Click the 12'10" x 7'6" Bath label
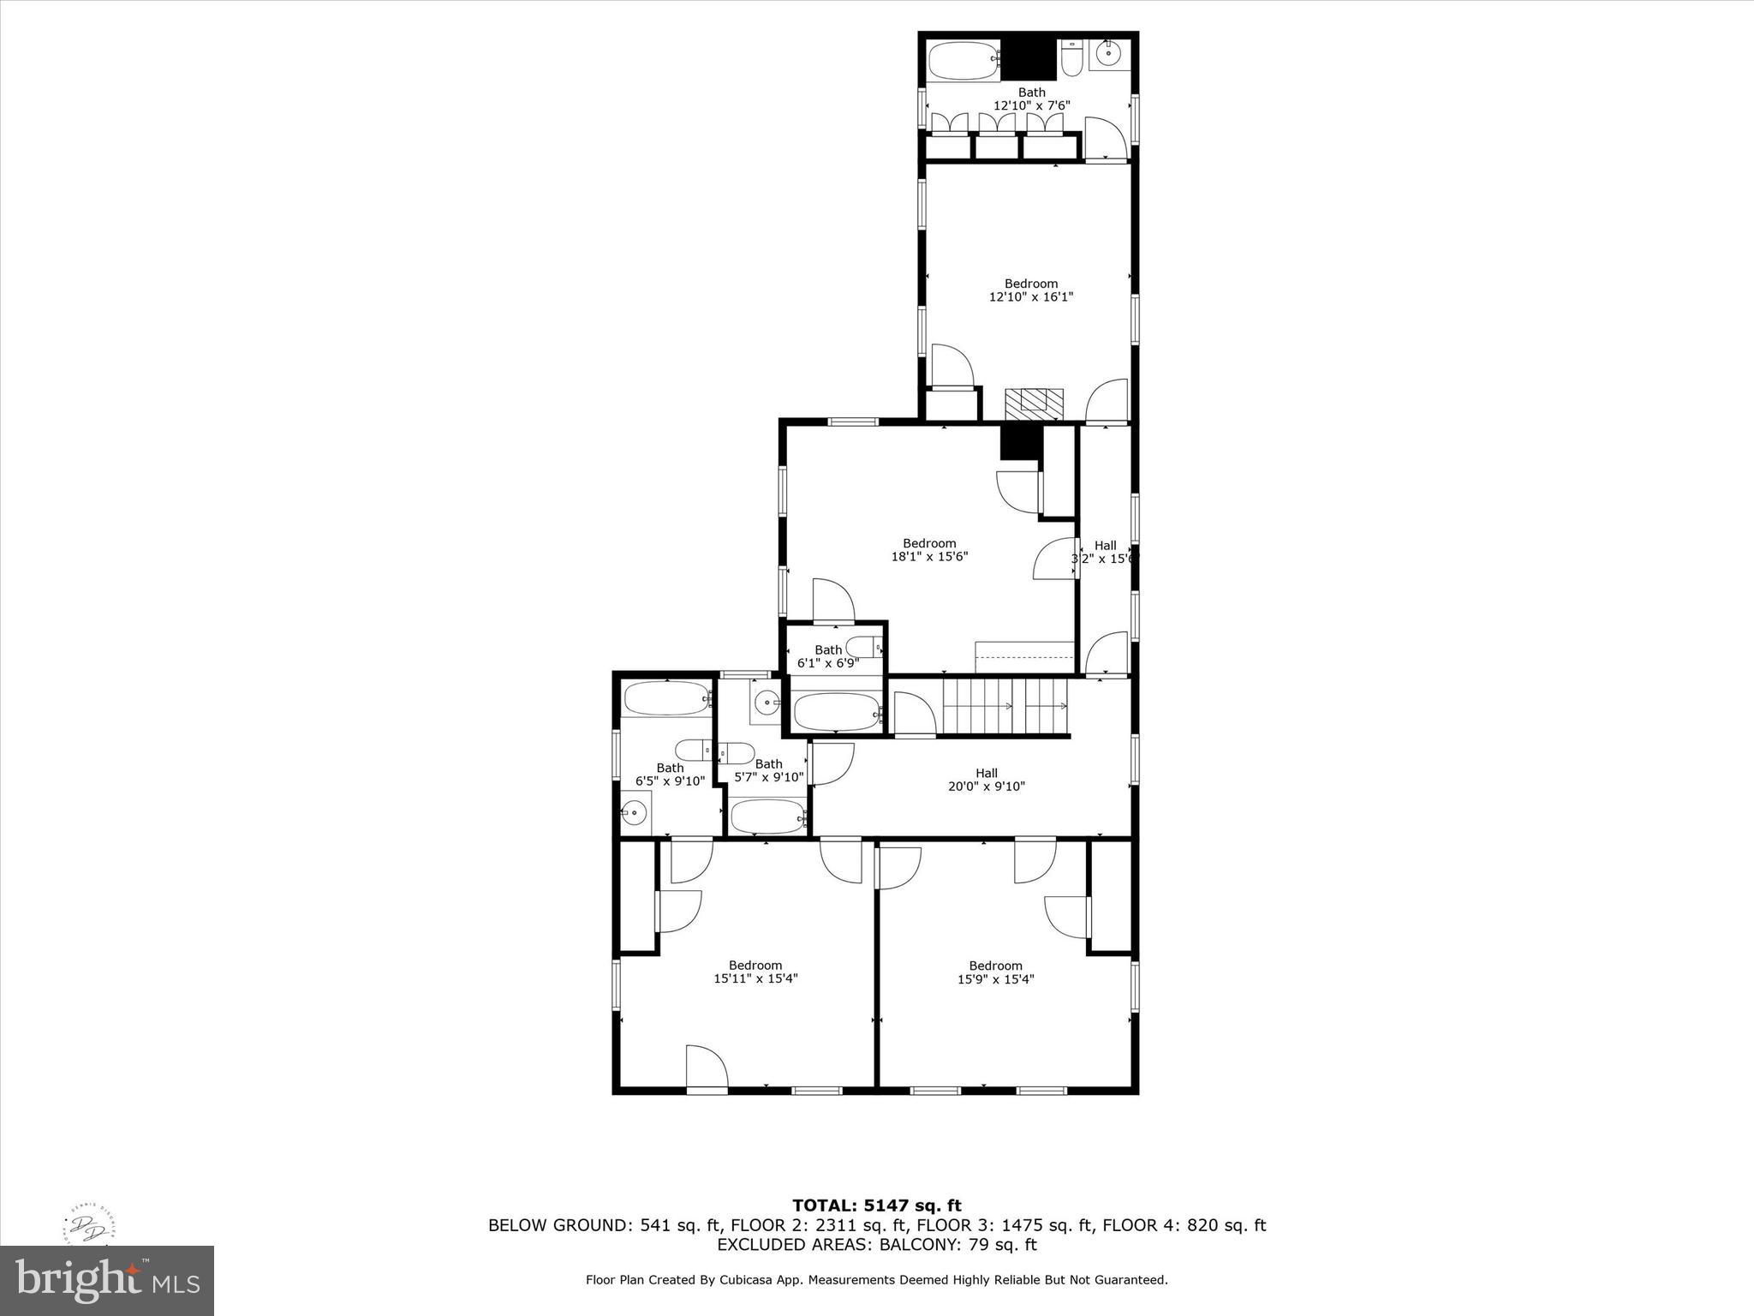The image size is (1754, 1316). [1031, 99]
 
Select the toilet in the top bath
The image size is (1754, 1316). [1071, 59]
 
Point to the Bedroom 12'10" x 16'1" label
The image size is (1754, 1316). [1031, 290]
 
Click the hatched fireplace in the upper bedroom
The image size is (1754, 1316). [1034, 402]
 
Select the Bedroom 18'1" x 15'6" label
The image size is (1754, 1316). [929, 550]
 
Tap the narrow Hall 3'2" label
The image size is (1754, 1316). [1105, 552]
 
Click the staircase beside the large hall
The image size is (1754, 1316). [1005, 707]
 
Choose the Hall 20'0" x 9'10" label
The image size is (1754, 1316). [987, 780]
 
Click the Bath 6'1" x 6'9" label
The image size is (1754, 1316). [828, 656]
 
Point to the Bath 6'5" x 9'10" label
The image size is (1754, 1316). [670, 775]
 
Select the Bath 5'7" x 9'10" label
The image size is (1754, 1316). [768, 771]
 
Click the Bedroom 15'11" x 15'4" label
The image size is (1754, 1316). [755, 972]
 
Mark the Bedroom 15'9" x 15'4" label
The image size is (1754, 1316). [995, 972]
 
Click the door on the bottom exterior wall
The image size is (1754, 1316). [707, 1071]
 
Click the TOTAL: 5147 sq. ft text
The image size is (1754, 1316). [876, 1206]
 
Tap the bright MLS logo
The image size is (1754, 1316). [107, 1281]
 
